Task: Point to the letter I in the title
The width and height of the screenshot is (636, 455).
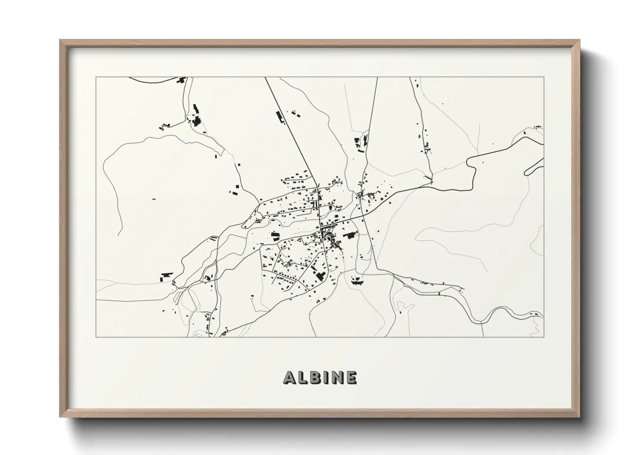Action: click(x=326, y=378)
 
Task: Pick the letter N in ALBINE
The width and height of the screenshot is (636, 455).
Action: click(x=337, y=378)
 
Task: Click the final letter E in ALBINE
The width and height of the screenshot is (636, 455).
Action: click(x=351, y=378)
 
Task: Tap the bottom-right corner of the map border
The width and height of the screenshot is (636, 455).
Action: click(x=544, y=337)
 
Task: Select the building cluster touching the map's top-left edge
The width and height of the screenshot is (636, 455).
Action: click(x=182, y=80)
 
